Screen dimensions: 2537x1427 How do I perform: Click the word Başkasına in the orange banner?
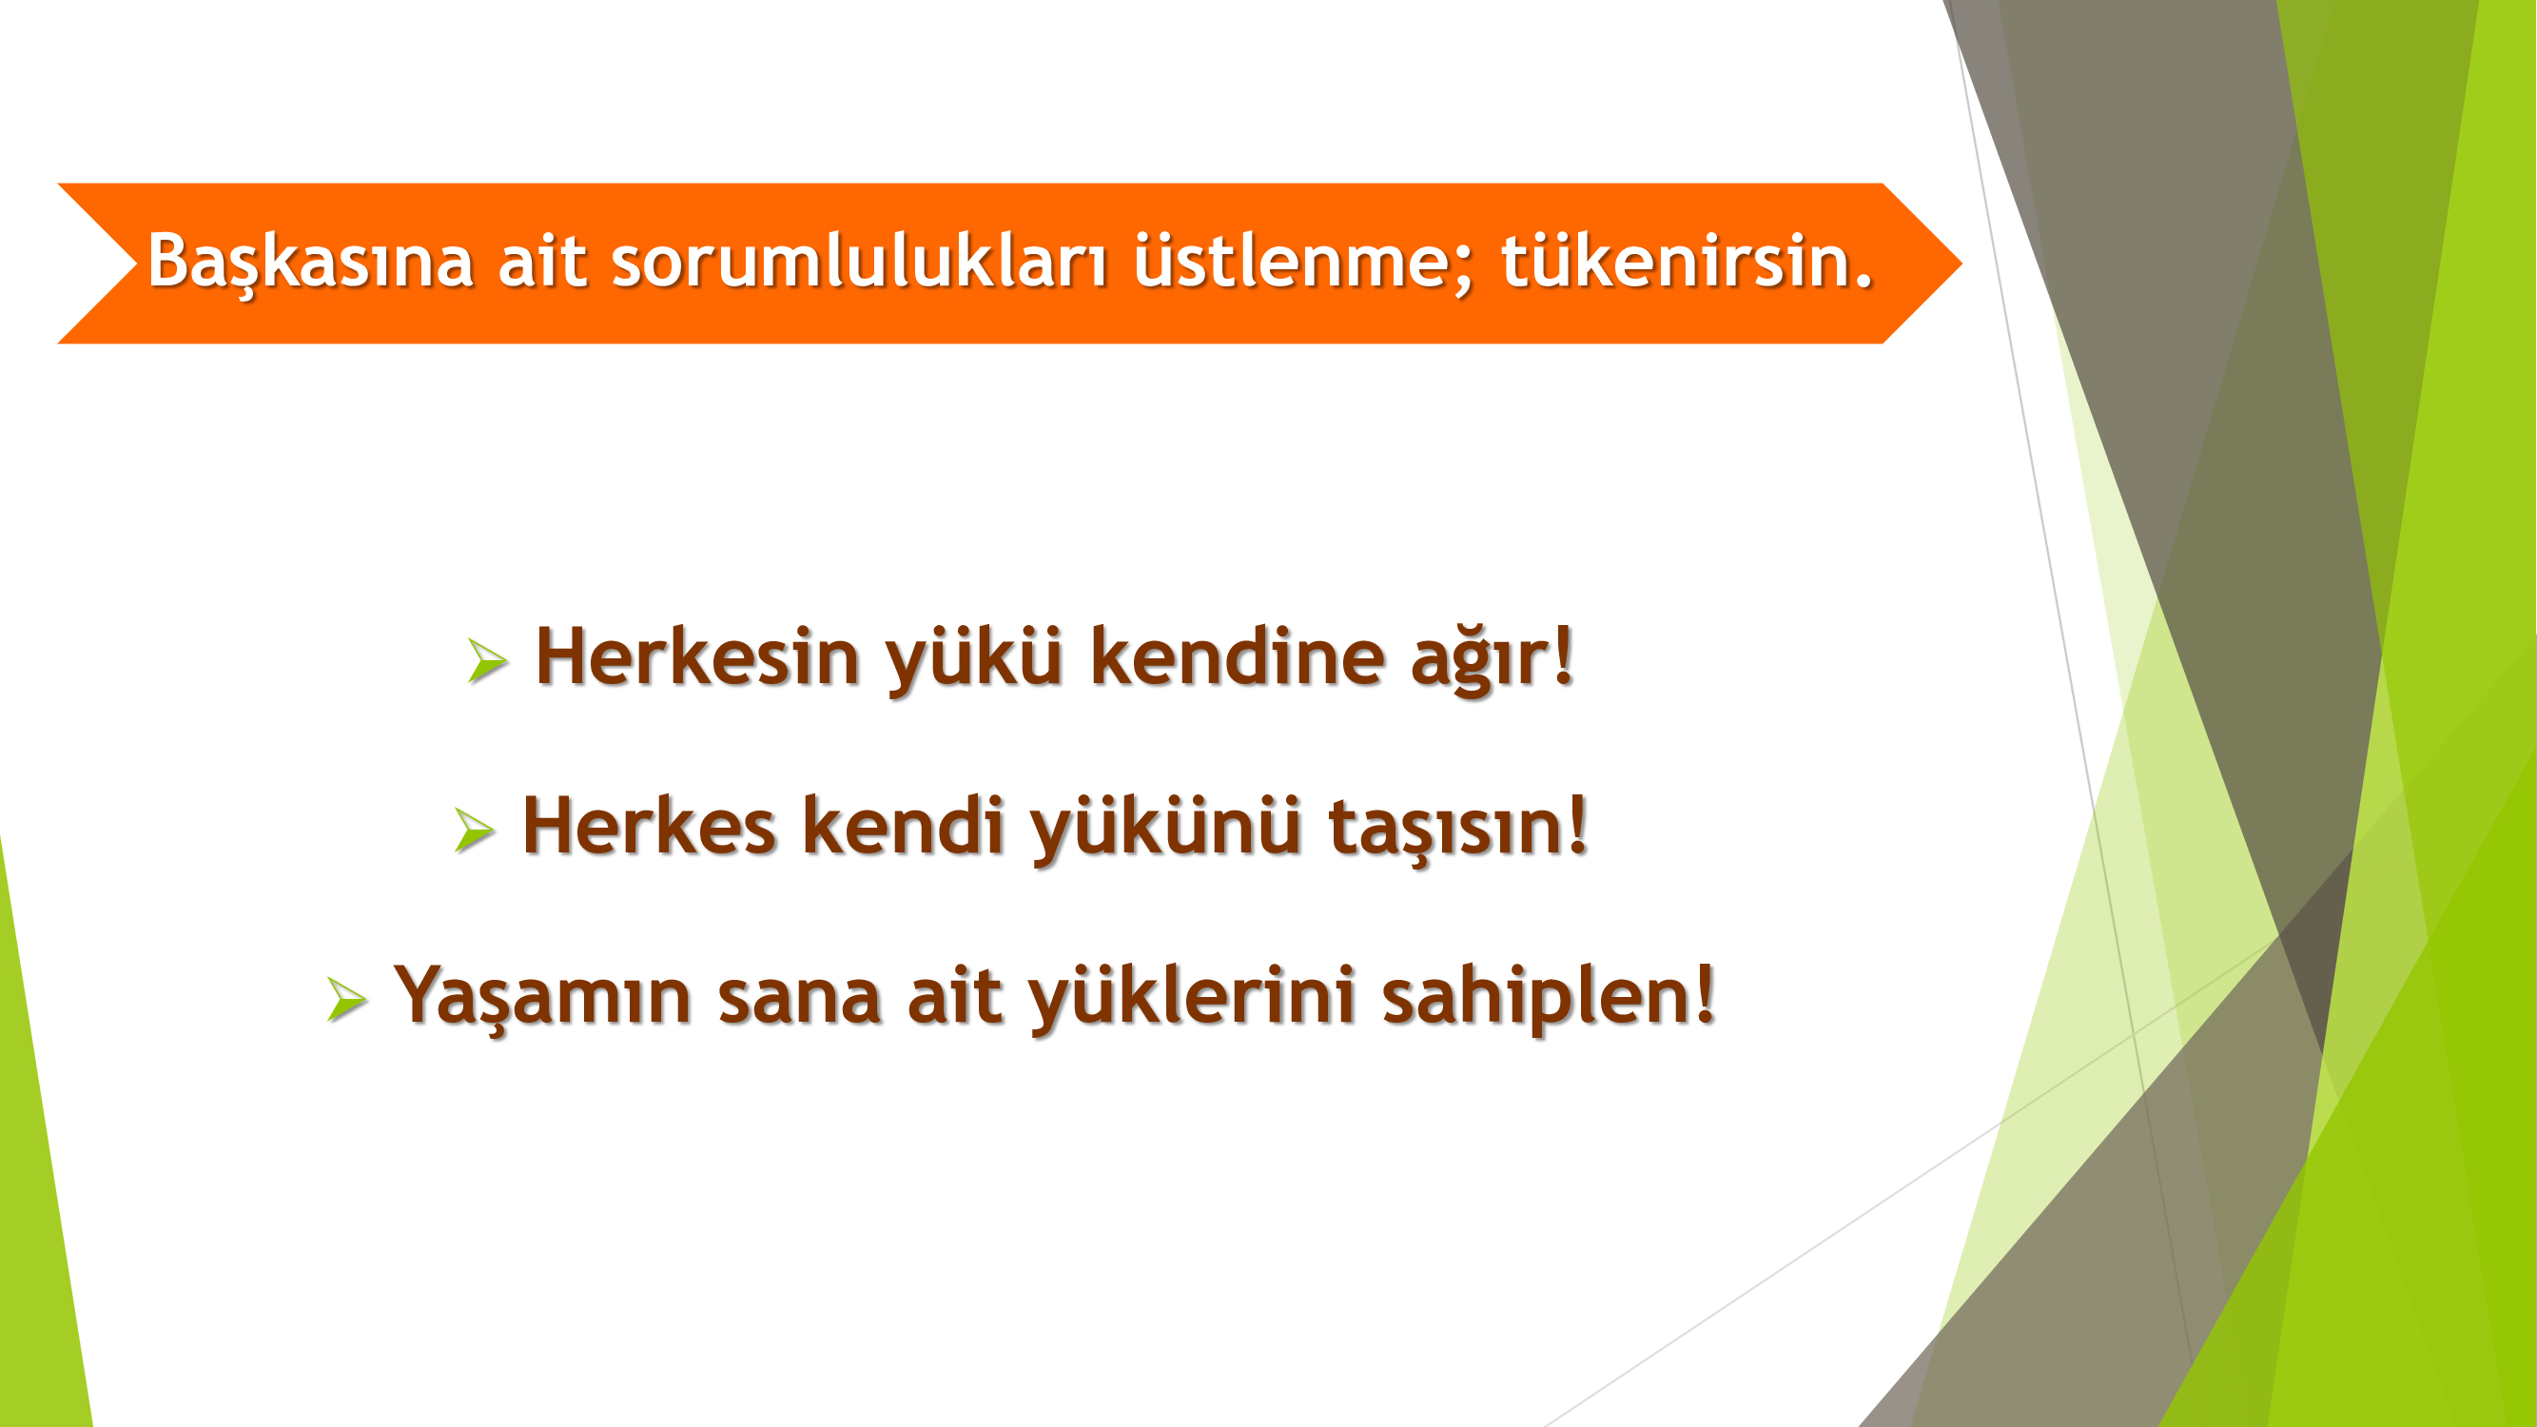(310, 261)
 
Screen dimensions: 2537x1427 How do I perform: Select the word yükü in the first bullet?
(974, 658)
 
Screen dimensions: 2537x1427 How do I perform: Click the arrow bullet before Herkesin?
(487, 660)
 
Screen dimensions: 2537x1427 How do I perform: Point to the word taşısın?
(1457, 828)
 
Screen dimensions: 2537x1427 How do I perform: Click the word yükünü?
(1166, 828)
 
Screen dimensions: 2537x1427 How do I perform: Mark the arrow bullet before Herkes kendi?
(474, 830)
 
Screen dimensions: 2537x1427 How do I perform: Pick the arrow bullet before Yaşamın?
(346, 999)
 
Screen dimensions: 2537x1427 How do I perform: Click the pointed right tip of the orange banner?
(1961, 263)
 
